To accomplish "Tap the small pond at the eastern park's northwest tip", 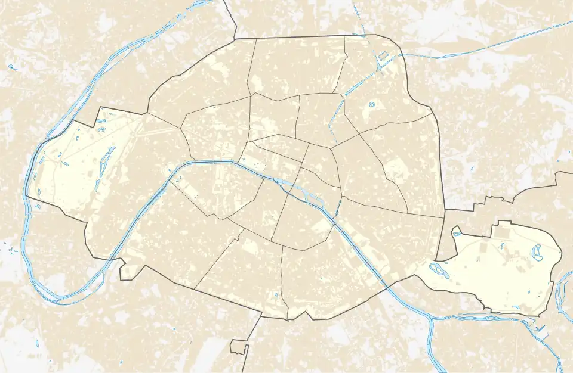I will pos(457,232).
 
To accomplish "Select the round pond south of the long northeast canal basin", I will pos(371,105).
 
